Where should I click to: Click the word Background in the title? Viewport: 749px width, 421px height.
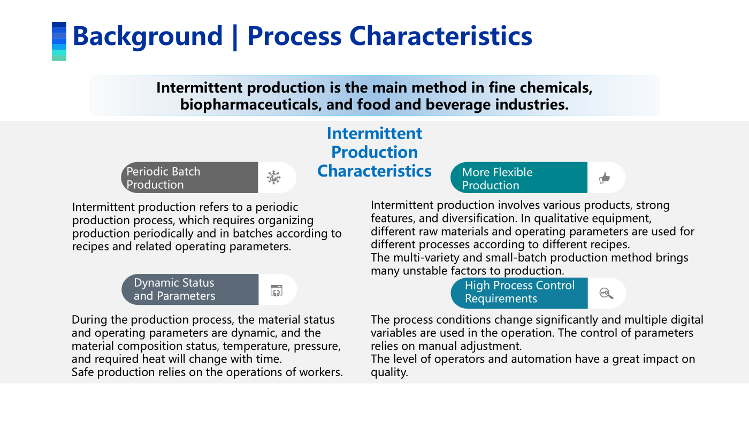coord(148,36)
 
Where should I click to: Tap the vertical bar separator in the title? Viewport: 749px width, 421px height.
coord(235,37)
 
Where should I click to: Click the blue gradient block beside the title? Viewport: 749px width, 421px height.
coord(59,41)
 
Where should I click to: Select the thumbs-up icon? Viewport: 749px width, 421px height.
coord(604,178)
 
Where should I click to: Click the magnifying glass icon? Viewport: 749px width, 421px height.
coord(606,293)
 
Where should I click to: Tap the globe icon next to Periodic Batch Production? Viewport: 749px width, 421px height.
coord(273,177)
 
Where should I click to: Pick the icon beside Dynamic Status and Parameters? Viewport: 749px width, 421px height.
coord(277,290)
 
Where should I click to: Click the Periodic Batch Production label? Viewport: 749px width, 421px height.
coord(163,178)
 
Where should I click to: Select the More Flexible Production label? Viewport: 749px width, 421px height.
coord(497,179)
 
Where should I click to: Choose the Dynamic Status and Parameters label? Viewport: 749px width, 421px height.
coord(174,289)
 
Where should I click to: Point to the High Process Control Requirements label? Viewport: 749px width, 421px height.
coord(519,292)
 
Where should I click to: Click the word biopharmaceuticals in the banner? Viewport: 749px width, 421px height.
coord(251,105)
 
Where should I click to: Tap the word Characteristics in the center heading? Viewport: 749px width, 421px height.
coord(374,171)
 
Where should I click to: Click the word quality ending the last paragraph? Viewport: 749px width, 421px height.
coord(389,372)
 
